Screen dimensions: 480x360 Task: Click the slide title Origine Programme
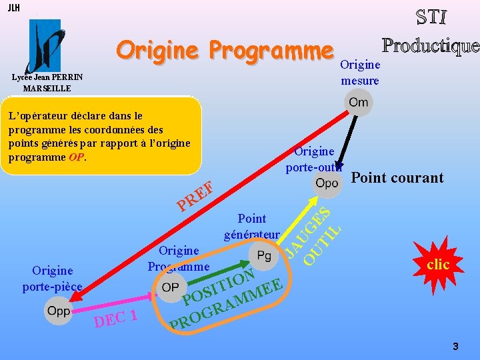pos(224,50)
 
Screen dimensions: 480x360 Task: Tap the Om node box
pos(358,103)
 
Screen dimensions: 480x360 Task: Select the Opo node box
pos(327,182)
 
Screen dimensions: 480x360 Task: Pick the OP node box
pos(170,287)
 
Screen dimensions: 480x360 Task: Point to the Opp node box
pos(58,311)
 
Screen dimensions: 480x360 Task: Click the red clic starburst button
pos(437,265)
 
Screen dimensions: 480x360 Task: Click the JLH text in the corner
pos(13,8)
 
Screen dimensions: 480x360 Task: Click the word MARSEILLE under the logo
pos(47,88)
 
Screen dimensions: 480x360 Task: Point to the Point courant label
pos(397,177)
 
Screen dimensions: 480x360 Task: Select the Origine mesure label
pos(360,73)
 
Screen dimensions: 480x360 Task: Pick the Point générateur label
pos(251,226)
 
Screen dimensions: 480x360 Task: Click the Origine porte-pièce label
pos(52,279)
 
